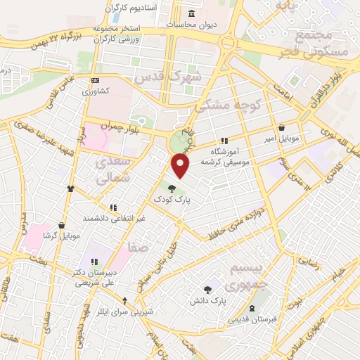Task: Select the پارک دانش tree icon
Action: click(x=207, y=289)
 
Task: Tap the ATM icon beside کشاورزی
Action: click(x=96, y=80)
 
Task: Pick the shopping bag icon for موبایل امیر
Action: click(x=282, y=128)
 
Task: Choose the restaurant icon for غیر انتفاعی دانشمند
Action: click(x=112, y=207)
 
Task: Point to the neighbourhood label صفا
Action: click(x=138, y=247)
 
